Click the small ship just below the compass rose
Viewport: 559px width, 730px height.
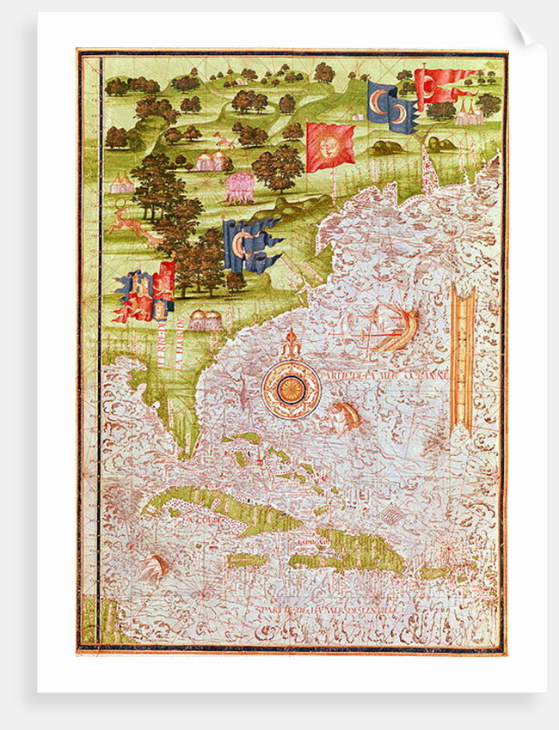(x=345, y=414)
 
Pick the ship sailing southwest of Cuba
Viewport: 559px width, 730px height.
(x=153, y=567)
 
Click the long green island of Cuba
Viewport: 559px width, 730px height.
(x=215, y=511)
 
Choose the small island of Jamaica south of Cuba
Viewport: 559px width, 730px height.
(x=246, y=560)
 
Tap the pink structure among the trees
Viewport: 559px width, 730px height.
(x=239, y=185)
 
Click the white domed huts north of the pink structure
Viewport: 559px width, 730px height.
(x=211, y=161)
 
